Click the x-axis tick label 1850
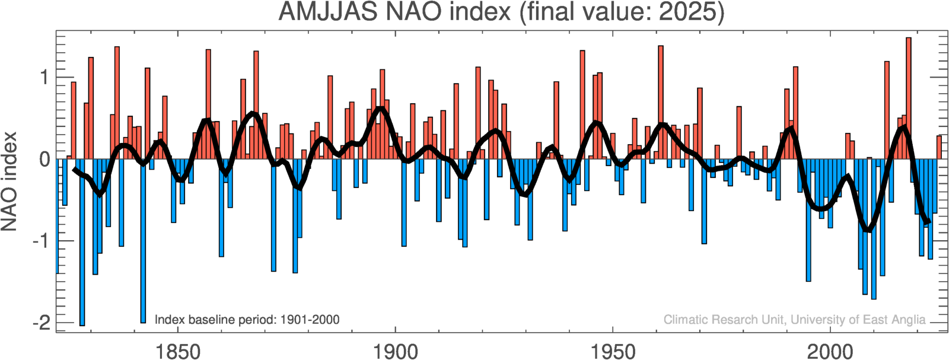(177, 351)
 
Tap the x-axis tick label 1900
(395, 351)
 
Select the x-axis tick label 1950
(613, 351)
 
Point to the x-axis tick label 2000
(830, 351)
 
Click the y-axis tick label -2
(42, 323)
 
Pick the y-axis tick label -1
(42, 241)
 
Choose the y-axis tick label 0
(44, 160)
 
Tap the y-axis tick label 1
(44, 78)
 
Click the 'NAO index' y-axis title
(9, 181)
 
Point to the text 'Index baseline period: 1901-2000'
(247, 320)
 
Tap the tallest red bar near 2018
(908, 98)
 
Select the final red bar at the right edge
(939, 148)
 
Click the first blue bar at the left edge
(58, 216)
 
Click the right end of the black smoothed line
(928, 222)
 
